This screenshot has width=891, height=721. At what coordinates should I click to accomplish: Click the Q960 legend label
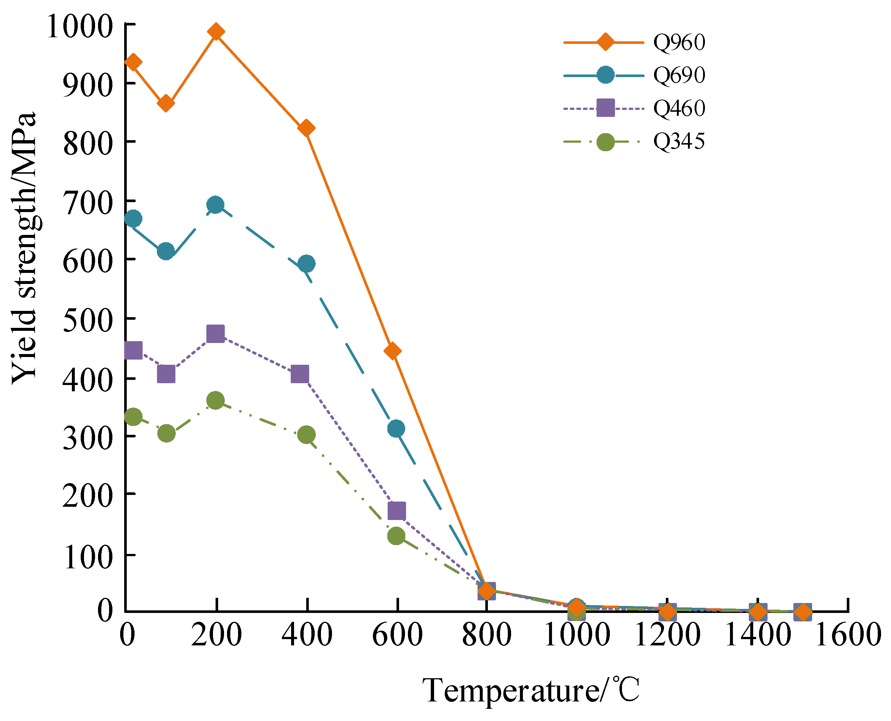tap(679, 42)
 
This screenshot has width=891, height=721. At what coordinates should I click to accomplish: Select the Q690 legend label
tap(679, 75)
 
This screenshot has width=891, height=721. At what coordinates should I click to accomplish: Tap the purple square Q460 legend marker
tap(605, 108)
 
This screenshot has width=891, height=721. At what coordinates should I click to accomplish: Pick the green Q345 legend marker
tap(605, 142)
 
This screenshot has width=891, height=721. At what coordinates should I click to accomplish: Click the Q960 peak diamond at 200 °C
tap(216, 32)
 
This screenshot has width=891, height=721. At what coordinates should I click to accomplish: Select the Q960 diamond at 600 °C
tap(392, 351)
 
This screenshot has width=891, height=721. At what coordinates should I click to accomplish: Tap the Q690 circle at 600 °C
tap(396, 428)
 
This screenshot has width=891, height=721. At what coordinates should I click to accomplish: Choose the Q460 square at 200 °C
tap(216, 333)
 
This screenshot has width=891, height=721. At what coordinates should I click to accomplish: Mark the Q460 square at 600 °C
tap(396, 510)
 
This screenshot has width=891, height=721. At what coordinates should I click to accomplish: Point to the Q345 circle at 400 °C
tap(306, 435)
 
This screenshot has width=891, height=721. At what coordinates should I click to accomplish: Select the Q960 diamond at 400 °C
tap(306, 128)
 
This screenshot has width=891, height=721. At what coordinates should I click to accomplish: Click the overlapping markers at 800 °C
tap(486, 590)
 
